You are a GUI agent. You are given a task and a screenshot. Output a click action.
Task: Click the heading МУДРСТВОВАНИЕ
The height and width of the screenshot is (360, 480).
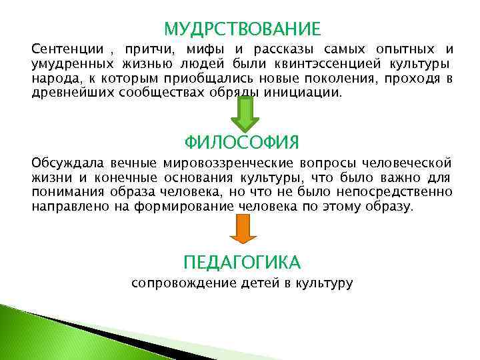242,29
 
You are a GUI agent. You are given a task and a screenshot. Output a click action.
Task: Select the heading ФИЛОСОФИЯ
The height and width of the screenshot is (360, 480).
241,142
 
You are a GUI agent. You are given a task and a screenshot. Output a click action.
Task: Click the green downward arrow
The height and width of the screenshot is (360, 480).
244,115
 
